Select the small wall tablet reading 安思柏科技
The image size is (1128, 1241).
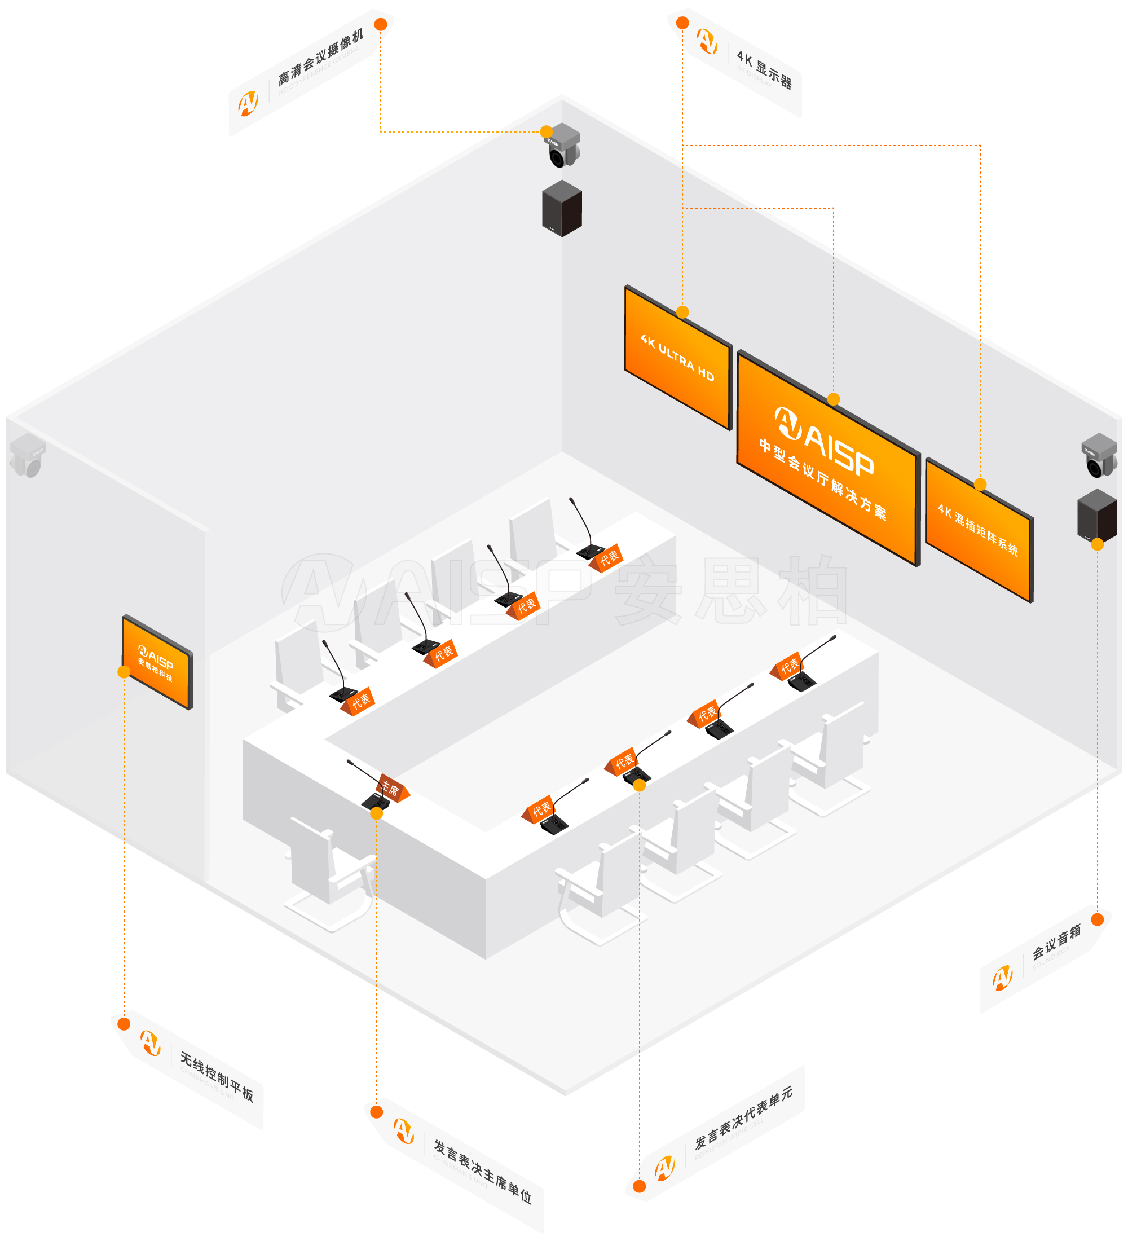(x=157, y=662)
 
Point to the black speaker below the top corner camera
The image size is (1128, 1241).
(x=561, y=208)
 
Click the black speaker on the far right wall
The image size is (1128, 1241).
(x=1096, y=516)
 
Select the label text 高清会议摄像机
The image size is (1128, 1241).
(x=320, y=56)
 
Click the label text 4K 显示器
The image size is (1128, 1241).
(x=764, y=71)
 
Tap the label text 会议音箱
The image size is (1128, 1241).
(x=1056, y=943)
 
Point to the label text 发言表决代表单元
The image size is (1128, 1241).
(x=743, y=1118)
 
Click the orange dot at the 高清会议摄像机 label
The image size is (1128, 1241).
(x=381, y=24)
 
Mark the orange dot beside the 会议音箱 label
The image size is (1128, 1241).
(x=1097, y=919)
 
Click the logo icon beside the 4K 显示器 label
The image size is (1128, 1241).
(x=707, y=41)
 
